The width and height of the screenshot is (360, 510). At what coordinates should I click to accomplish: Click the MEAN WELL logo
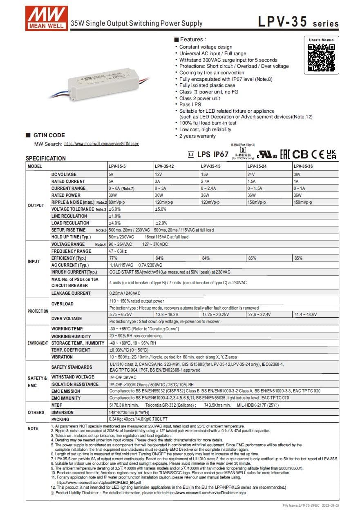click(x=46, y=17)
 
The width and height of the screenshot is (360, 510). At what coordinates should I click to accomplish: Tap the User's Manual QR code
click(x=321, y=58)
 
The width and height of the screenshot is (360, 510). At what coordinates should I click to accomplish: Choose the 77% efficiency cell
click(x=113, y=258)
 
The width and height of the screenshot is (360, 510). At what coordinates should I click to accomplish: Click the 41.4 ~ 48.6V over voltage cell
click(x=305, y=314)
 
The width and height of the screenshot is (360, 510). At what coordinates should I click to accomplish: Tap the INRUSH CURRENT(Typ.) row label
click(x=74, y=272)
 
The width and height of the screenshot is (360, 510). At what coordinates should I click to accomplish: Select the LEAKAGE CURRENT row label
click(x=71, y=293)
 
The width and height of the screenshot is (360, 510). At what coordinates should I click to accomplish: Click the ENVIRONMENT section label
click(x=38, y=343)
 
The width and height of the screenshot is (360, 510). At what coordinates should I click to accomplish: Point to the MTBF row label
click(x=57, y=405)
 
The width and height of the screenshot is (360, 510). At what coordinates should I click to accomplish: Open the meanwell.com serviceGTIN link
click(x=101, y=144)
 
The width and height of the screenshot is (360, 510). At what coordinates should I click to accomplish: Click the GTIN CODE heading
click(x=49, y=135)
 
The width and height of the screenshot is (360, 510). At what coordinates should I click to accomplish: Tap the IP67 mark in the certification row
click(x=221, y=154)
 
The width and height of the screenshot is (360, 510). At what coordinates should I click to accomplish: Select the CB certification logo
click(x=300, y=154)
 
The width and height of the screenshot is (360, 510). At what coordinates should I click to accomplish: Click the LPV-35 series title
click(x=298, y=22)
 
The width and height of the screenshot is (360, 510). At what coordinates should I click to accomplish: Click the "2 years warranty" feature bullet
click(x=197, y=136)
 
